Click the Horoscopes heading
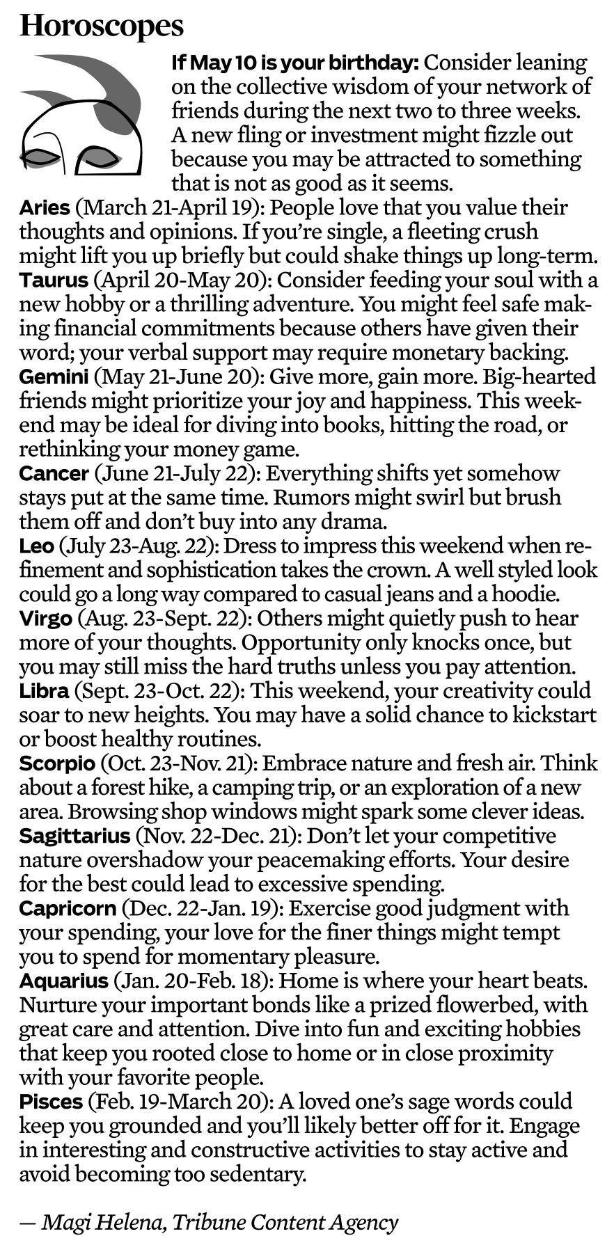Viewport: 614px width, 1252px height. click(x=102, y=26)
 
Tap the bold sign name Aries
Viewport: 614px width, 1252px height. click(x=45, y=207)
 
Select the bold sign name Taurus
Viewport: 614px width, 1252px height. click(x=54, y=280)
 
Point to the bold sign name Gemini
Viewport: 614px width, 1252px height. click(x=54, y=377)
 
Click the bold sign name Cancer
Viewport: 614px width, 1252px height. click(x=54, y=473)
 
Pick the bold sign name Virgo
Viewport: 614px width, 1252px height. click(x=45, y=618)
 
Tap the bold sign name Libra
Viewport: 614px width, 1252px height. click(x=44, y=691)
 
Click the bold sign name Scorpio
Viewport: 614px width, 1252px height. click(x=56, y=763)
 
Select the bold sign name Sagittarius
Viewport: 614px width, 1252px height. click(x=74, y=836)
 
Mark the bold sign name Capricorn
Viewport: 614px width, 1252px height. click(x=68, y=908)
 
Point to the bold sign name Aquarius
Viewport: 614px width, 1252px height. click(x=63, y=981)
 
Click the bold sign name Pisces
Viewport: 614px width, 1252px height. click(x=52, y=1102)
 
